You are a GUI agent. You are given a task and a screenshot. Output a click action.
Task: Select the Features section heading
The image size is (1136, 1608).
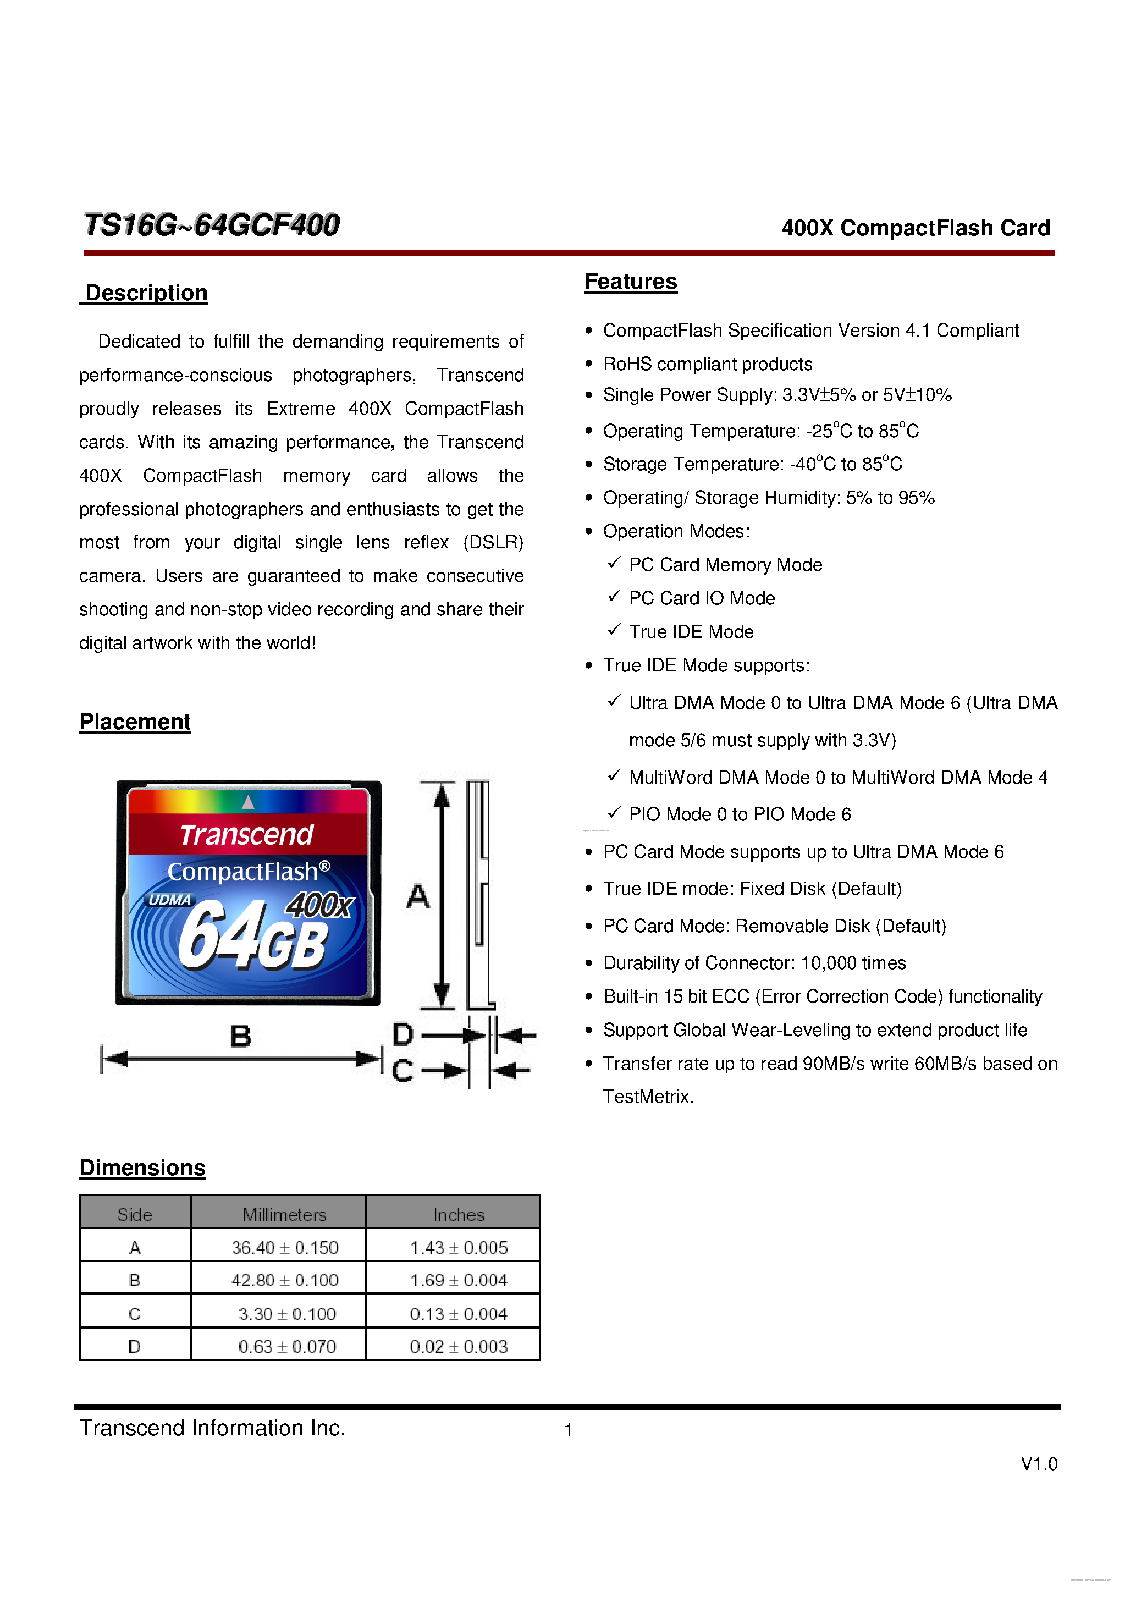pyautogui.click(x=630, y=282)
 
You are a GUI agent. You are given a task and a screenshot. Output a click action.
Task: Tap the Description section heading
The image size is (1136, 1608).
pyautogui.click(x=146, y=293)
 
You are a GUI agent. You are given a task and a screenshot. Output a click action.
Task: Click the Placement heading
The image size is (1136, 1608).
pyautogui.click(x=135, y=722)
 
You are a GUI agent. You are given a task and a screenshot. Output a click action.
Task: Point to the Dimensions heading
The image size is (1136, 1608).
pyautogui.click(x=142, y=1168)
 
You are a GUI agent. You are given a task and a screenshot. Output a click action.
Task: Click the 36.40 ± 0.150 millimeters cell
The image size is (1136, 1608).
pyautogui.click(x=284, y=1247)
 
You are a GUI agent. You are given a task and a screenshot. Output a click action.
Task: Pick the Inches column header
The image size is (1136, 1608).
pyautogui.click(x=458, y=1214)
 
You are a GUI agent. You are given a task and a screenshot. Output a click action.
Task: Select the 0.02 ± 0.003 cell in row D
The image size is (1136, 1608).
pyautogui.click(x=458, y=1346)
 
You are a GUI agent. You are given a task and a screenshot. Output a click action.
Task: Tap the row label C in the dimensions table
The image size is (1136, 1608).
pyautogui.click(x=135, y=1314)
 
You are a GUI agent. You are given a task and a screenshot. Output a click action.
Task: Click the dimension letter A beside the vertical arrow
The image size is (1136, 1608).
pyautogui.click(x=417, y=896)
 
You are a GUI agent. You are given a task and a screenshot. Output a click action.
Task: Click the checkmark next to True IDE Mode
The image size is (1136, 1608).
pyautogui.click(x=614, y=630)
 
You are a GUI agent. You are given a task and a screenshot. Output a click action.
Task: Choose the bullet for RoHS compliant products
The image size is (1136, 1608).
pyautogui.click(x=588, y=364)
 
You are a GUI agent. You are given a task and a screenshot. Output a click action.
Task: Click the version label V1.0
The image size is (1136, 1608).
pyautogui.click(x=1038, y=1464)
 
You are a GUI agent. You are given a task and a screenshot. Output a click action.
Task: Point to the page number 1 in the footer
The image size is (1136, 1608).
pyautogui.click(x=568, y=1430)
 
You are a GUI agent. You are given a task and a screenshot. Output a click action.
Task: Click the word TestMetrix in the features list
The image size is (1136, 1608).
pyautogui.click(x=647, y=1097)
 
